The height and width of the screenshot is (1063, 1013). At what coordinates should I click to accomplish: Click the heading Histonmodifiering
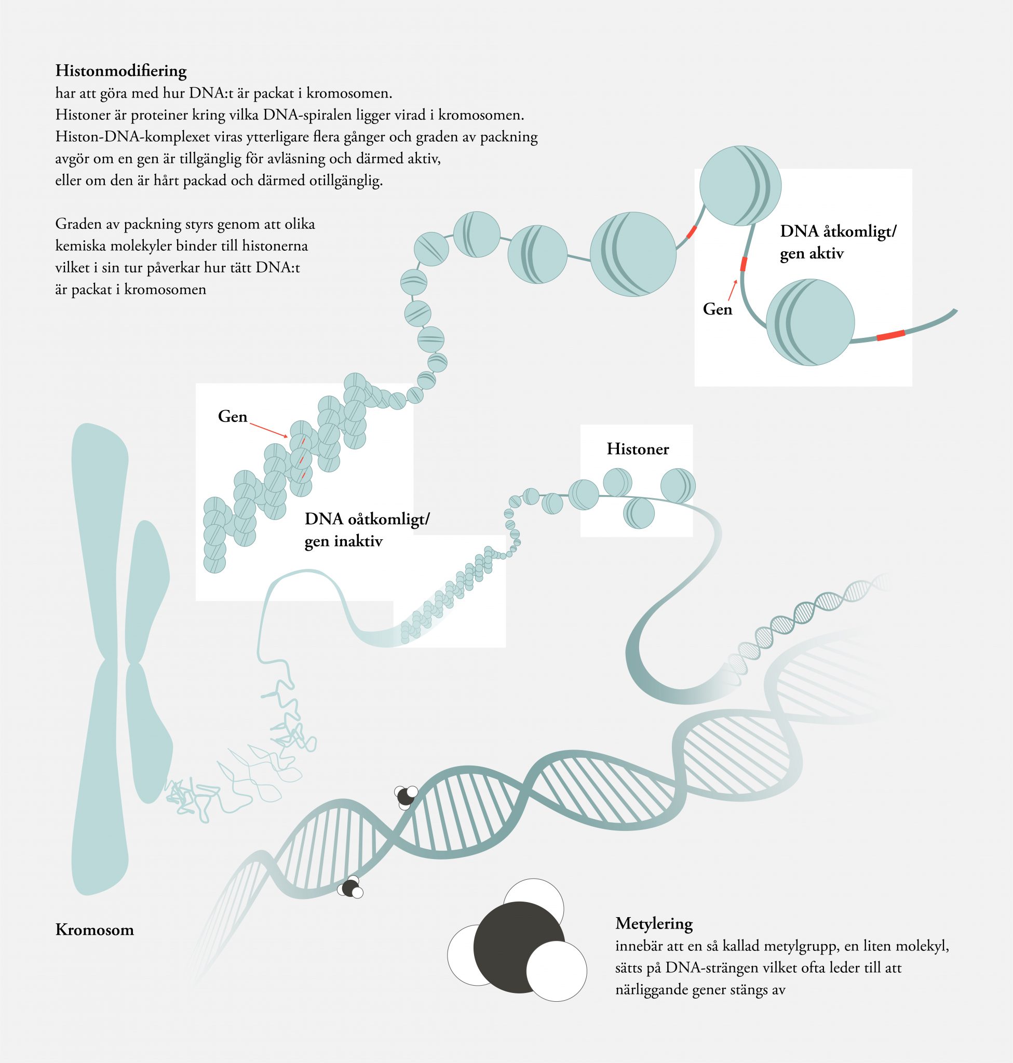121,71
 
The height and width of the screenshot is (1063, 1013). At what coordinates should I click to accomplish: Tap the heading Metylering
653,923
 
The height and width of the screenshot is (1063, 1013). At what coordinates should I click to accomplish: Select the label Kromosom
94,930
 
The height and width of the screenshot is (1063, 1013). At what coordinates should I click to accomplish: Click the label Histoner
637,448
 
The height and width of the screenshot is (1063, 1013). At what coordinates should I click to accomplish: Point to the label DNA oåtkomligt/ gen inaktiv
367,529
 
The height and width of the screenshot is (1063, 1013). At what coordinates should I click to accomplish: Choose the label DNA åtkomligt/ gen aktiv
838,242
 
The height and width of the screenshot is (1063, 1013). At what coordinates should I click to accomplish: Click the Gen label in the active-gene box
717,309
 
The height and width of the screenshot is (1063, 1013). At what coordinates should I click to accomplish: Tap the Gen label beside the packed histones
232,416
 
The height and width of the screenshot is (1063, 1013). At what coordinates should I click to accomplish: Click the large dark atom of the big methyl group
518,947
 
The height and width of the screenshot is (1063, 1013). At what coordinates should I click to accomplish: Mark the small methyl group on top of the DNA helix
406,797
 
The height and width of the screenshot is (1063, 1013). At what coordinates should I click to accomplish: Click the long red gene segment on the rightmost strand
890,335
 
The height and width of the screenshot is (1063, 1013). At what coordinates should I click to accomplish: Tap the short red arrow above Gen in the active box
733,290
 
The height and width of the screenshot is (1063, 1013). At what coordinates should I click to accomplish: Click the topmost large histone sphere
740,185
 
